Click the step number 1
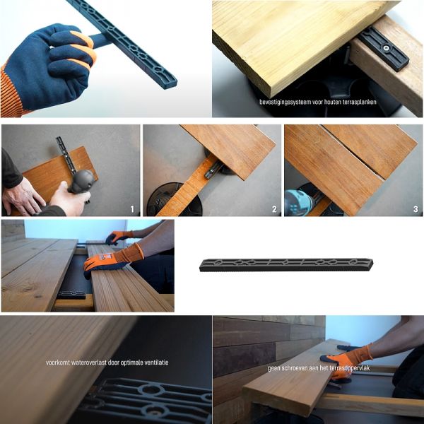[x=132, y=209]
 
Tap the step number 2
[x=274, y=209]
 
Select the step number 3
[x=416, y=209]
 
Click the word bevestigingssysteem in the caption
[x=285, y=102]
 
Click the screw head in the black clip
[x=386, y=48]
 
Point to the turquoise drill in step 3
[x=298, y=203]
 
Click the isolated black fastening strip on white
[x=286, y=265]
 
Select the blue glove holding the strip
[x=49, y=65]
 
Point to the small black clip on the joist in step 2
[x=213, y=170]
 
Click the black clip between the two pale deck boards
[x=71, y=295]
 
